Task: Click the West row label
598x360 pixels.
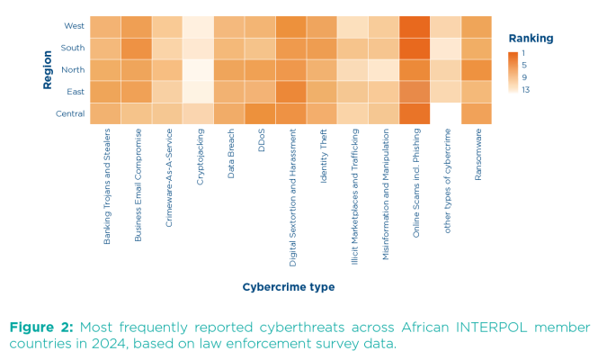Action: click(75, 26)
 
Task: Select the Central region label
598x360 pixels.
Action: click(70, 113)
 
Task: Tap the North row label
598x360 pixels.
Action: click(74, 70)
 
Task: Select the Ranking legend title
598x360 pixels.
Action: click(531, 39)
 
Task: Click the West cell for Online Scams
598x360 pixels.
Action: click(415, 26)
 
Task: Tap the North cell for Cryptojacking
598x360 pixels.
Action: click(199, 70)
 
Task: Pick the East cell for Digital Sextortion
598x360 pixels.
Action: click(291, 92)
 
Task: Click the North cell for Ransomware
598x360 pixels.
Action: click(477, 70)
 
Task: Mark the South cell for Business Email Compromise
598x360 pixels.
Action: click(137, 48)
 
